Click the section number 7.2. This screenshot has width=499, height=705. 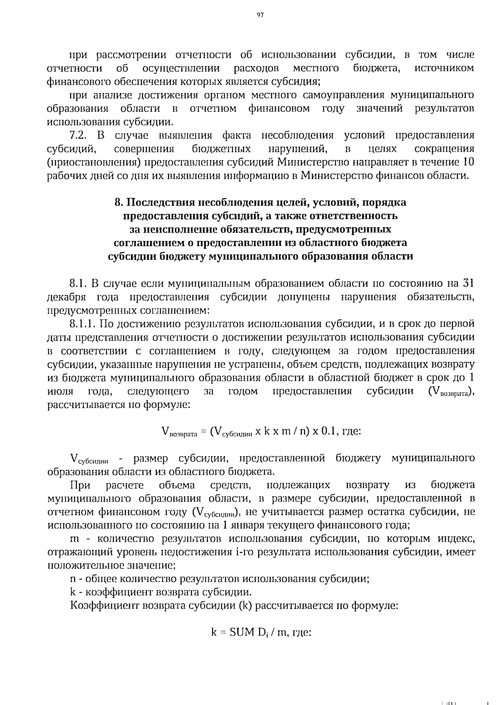[79, 135]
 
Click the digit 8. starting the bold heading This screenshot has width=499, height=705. [118, 203]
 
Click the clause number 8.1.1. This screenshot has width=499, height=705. [83, 324]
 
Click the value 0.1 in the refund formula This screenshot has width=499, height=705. [331, 431]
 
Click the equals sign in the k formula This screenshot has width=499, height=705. [222, 633]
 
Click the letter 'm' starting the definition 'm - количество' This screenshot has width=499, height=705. [75, 539]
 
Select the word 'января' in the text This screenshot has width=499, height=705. [245, 525]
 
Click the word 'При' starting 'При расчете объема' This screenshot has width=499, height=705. [80, 485]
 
